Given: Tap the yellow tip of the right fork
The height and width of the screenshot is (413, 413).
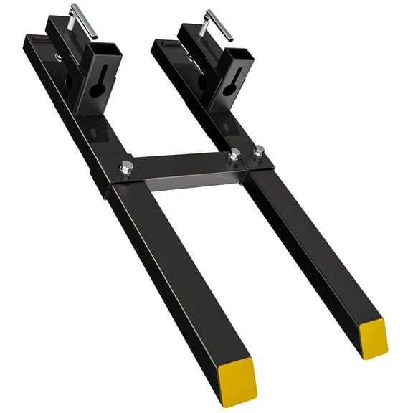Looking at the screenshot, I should click(373, 337).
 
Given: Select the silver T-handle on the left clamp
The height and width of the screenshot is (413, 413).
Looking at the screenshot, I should click(74, 17).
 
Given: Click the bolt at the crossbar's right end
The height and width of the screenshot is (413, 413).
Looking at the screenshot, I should click(234, 155).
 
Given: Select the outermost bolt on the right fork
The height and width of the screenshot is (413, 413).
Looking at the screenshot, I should click(259, 151).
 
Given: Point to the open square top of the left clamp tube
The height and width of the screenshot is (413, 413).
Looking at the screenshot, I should click(104, 52).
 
